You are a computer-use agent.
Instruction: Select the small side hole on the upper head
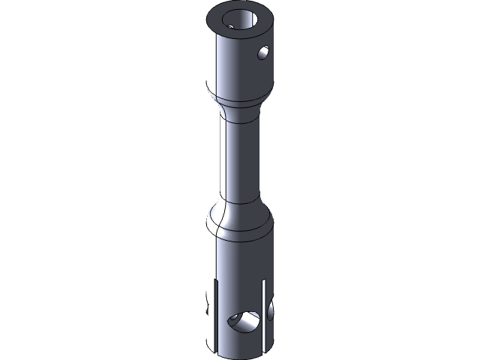tap(262, 52)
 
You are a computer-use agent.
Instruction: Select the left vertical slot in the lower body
tap(215, 315)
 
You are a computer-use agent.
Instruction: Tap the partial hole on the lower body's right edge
tap(270, 309)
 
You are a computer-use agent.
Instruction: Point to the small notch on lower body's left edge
tap(207, 310)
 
